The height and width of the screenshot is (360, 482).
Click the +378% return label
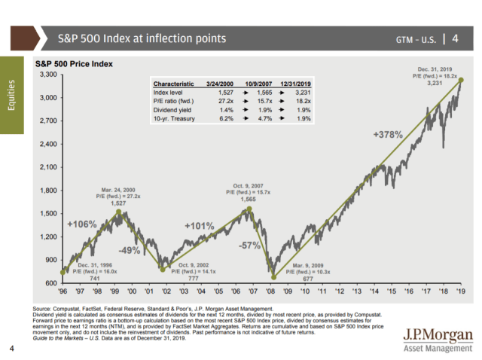click(x=388, y=135)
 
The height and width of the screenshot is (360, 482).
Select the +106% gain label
click(x=79, y=224)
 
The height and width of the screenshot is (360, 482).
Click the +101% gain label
click(x=200, y=225)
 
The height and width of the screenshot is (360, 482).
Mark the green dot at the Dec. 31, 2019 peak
click(x=460, y=80)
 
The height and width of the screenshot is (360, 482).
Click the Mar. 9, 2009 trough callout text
click(x=302, y=270)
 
